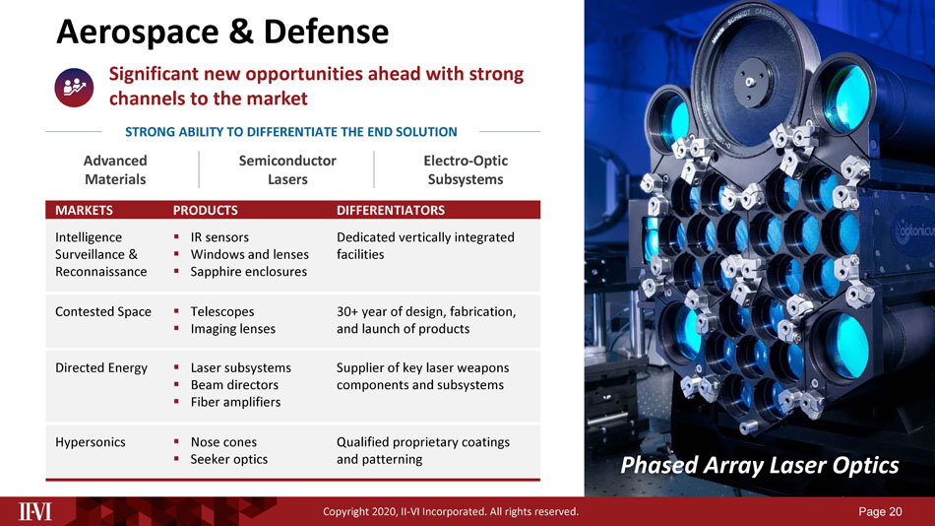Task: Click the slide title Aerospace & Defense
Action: tap(221, 33)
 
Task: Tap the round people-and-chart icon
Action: tap(74, 87)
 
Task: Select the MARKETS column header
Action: tap(84, 210)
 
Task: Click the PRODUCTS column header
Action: tap(205, 210)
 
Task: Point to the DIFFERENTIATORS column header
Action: tap(391, 210)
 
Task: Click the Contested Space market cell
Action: tap(103, 311)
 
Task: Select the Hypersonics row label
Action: tap(90, 442)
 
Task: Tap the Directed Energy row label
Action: tap(100, 367)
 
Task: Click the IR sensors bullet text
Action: tap(219, 237)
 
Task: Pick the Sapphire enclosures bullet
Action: tap(249, 272)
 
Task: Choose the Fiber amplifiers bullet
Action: tap(235, 403)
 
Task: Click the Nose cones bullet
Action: tap(223, 442)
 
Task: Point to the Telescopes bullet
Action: tap(222, 311)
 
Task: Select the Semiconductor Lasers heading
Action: tap(287, 170)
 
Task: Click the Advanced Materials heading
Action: tap(115, 170)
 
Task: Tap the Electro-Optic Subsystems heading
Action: tap(466, 170)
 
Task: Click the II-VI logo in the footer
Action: tap(35, 511)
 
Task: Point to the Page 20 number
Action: tap(880, 511)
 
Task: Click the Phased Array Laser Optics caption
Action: tap(759, 466)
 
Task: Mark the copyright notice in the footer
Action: tap(451, 511)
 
